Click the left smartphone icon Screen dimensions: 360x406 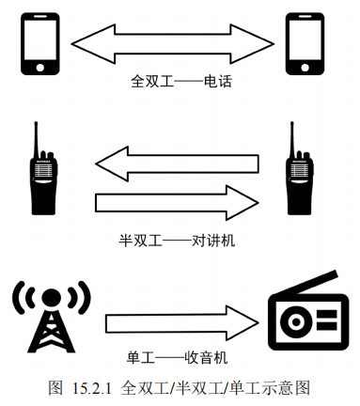point(40,44)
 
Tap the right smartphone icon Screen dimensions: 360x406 point(305,44)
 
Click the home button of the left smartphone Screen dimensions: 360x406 point(40,68)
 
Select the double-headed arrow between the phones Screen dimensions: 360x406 point(173,44)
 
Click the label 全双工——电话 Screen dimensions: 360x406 point(181,82)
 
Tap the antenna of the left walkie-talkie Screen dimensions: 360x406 point(37,138)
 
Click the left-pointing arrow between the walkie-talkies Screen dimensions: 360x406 point(177,164)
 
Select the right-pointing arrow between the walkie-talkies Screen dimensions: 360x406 point(177,203)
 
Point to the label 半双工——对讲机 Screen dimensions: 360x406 point(177,241)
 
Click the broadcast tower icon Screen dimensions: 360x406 point(52,317)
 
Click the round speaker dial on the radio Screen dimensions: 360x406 point(295,321)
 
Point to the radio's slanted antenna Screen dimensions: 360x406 point(317,282)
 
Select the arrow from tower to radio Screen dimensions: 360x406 point(182,323)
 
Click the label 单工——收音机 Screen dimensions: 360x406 point(177,357)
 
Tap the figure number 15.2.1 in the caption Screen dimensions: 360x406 point(92,388)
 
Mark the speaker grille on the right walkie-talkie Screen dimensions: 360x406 point(299,170)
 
